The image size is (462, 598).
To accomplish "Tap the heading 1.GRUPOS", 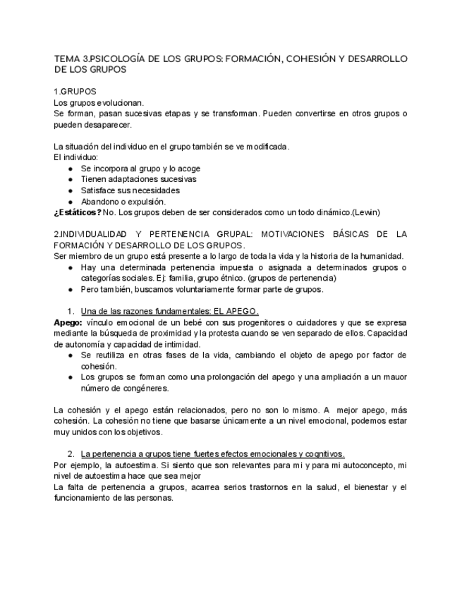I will [x=75, y=92].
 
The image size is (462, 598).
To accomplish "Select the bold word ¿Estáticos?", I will [x=77, y=212].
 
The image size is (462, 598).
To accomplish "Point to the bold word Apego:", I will [x=68, y=322].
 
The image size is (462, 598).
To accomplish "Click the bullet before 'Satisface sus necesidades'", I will [x=70, y=190].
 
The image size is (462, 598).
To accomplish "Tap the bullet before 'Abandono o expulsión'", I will [x=70, y=201].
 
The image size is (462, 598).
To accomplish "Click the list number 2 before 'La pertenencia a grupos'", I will [x=71, y=454].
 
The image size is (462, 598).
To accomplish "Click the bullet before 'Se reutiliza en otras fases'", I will [x=70, y=355].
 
